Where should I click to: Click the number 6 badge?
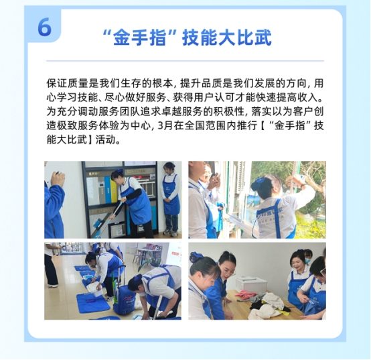tap(44, 27)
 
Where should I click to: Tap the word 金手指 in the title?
tap(139, 38)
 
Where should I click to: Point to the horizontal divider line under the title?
tap(185, 61)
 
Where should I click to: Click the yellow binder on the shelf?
tap(107, 190)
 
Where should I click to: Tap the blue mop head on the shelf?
tap(100, 224)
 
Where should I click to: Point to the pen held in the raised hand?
tap(56, 173)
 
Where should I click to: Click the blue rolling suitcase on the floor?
tap(124, 301)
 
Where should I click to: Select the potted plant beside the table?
tap(151, 263)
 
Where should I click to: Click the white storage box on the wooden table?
tap(251, 284)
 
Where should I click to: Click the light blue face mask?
tap(307, 260)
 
